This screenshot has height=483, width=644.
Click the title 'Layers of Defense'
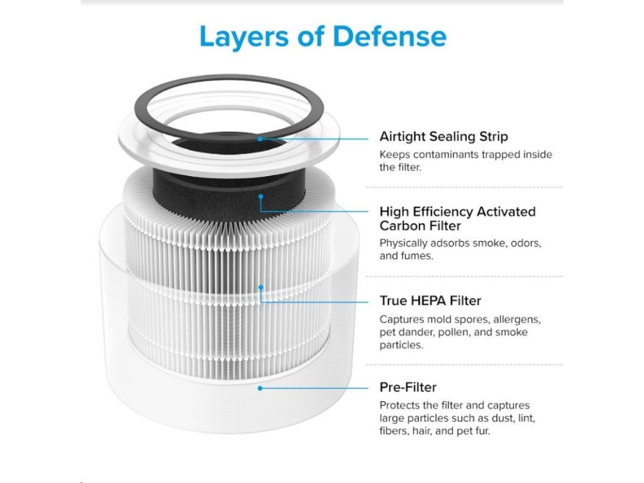(x=322, y=37)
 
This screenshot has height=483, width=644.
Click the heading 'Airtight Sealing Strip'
(x=443, y=136)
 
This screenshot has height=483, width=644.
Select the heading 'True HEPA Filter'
(x=430, y=301)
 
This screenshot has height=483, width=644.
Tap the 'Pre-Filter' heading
(x=408, y=387)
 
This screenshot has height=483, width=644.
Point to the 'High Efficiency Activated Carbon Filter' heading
(x=457, y=218)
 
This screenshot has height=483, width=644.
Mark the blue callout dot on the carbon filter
(x=260, y=196)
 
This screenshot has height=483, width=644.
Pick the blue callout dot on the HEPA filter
(x=260, y=287)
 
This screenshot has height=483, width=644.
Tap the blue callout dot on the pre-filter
(x=260, y=388)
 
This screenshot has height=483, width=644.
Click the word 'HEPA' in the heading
(x=429, y=301)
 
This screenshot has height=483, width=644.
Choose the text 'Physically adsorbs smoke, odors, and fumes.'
(x=460, y=249)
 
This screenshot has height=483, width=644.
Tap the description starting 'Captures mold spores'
(x=460, y=332)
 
